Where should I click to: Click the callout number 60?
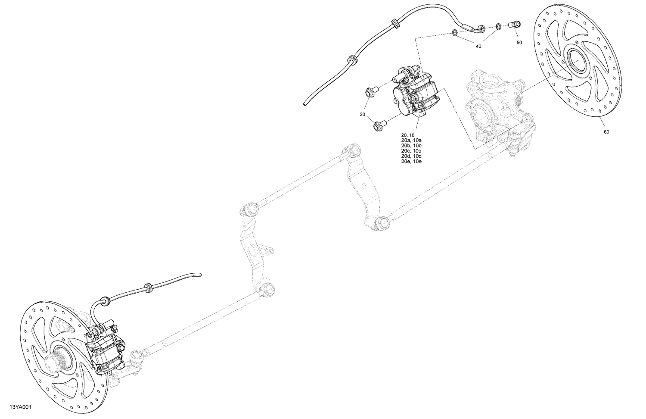click(x=606, y=131)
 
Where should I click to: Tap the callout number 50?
click(x=519, y=42)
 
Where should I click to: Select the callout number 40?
click(x=478, y=47)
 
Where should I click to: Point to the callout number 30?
click(x=363, y=114)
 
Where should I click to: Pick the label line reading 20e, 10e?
click(x=411, y=161)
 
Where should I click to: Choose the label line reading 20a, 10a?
click(x=411, y=141)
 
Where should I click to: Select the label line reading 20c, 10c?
click(x=411, y=151)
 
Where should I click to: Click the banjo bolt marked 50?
click(x=515, y=24)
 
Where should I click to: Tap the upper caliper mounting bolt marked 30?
click(x=370, y=92)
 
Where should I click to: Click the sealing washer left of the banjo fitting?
click(x=455, y=32)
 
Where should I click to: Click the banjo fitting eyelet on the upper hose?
click(x=481, y=29)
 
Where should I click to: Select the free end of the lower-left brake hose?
click(x=199, y=274)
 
